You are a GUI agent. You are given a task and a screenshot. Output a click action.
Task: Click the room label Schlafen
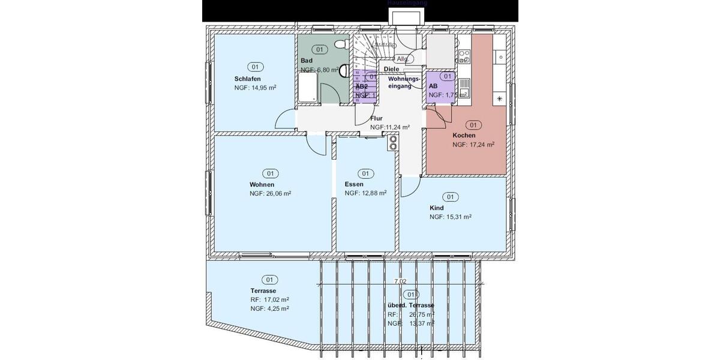click(247, 79)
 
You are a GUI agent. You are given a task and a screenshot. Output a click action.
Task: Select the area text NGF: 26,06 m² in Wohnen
click(270, 194)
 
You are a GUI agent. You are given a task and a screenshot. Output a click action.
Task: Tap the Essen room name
click(355, 184)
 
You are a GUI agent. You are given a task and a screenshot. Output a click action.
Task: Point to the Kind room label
click(436, 208)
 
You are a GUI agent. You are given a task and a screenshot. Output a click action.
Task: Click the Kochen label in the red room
click(464, 136)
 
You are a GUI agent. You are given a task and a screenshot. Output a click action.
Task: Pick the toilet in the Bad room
click(340, 44)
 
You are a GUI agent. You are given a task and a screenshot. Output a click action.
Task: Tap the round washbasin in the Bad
click(344, 71)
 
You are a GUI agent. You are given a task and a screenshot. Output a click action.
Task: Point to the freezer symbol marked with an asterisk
click(499, 98)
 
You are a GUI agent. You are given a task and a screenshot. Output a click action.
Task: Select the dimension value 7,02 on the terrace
click(400, 281)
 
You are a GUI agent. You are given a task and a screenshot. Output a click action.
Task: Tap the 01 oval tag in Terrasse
click(269, 280)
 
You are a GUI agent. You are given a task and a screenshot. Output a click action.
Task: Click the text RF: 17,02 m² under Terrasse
click(270, 299)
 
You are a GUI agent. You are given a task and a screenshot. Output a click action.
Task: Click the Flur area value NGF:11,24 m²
click(389, 127)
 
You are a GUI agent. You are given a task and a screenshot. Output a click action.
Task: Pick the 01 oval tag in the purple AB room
click(446, 77)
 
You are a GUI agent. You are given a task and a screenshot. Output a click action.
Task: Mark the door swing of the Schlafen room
click(286, 122)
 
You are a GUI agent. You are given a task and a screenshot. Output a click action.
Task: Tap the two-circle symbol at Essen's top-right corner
click(393, 143)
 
